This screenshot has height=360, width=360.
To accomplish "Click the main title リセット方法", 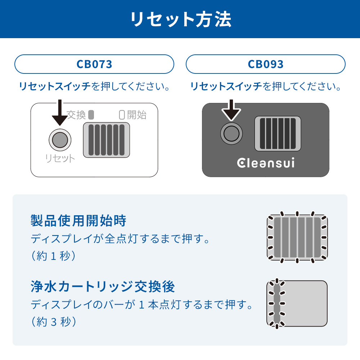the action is (181, 19).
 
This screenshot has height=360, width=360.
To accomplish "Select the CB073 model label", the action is (94, 64).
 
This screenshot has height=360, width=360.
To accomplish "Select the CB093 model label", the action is (266, 64).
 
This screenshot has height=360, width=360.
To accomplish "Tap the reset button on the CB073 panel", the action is (60, 140).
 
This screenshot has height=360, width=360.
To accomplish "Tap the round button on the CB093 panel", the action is (231, 134).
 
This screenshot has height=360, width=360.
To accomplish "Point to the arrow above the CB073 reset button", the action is (60, 112).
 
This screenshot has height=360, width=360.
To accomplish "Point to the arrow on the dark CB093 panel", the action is (231, 110).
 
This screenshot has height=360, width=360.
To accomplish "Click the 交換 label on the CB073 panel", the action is (76, 115).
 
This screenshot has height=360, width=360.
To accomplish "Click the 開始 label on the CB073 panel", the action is (137, 115).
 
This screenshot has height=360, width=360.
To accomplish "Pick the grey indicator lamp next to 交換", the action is (91, 115).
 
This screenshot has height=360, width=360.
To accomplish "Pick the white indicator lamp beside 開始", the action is (122, 115).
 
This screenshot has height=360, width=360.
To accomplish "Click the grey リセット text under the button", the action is (60, 158).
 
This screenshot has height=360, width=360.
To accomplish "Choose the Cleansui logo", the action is (266, 163).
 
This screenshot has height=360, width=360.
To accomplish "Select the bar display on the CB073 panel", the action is (106, 140).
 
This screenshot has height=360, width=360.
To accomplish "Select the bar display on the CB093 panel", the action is (278, 134).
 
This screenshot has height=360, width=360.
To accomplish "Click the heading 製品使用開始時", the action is (78, 221).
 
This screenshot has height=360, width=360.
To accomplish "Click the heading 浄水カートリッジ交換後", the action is (103, 287).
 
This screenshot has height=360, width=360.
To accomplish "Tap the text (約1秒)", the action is (54, 256).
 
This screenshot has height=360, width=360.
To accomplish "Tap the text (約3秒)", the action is (54, 321).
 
